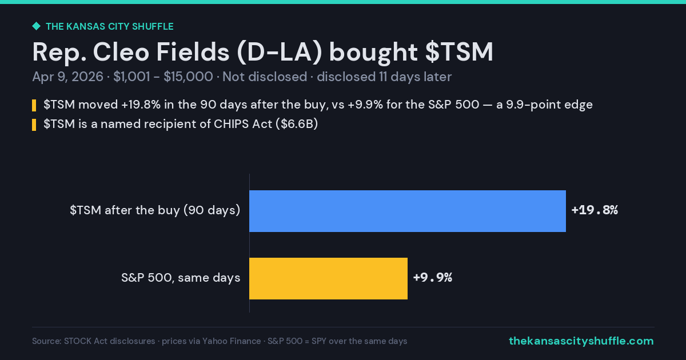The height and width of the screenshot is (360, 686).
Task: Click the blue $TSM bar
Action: click(408, 211)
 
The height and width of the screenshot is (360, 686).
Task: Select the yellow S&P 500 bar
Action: click(328, 278)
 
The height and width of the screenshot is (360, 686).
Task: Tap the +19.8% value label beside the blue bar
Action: click(595, 210)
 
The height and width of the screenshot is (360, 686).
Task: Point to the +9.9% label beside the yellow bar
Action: click(433, 277)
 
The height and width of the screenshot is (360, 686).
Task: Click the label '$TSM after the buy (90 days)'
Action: click(155, 210)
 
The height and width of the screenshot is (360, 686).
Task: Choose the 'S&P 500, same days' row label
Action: click(181, 278)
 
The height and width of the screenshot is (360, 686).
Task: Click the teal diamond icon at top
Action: click(37, 26)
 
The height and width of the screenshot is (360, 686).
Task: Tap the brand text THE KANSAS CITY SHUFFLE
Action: click(110, 27)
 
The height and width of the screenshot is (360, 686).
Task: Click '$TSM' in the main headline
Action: click(459, 52)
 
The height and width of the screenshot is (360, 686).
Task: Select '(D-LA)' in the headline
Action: click(280, 52)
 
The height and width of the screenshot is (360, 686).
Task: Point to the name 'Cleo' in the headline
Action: click(121, 52)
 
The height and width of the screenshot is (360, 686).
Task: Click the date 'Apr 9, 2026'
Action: click(67, 77)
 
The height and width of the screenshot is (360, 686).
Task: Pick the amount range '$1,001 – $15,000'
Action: click(163, 77)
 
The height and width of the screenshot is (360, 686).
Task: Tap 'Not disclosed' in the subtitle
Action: click(265, 77)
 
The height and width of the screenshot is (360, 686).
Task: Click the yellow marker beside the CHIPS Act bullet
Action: click(34, 125)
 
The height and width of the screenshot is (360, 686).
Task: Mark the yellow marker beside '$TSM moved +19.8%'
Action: click(34, 105)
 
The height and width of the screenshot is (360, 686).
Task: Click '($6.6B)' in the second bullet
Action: click(297, 124)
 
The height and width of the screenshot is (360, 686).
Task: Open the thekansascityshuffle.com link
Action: click(581, 341)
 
